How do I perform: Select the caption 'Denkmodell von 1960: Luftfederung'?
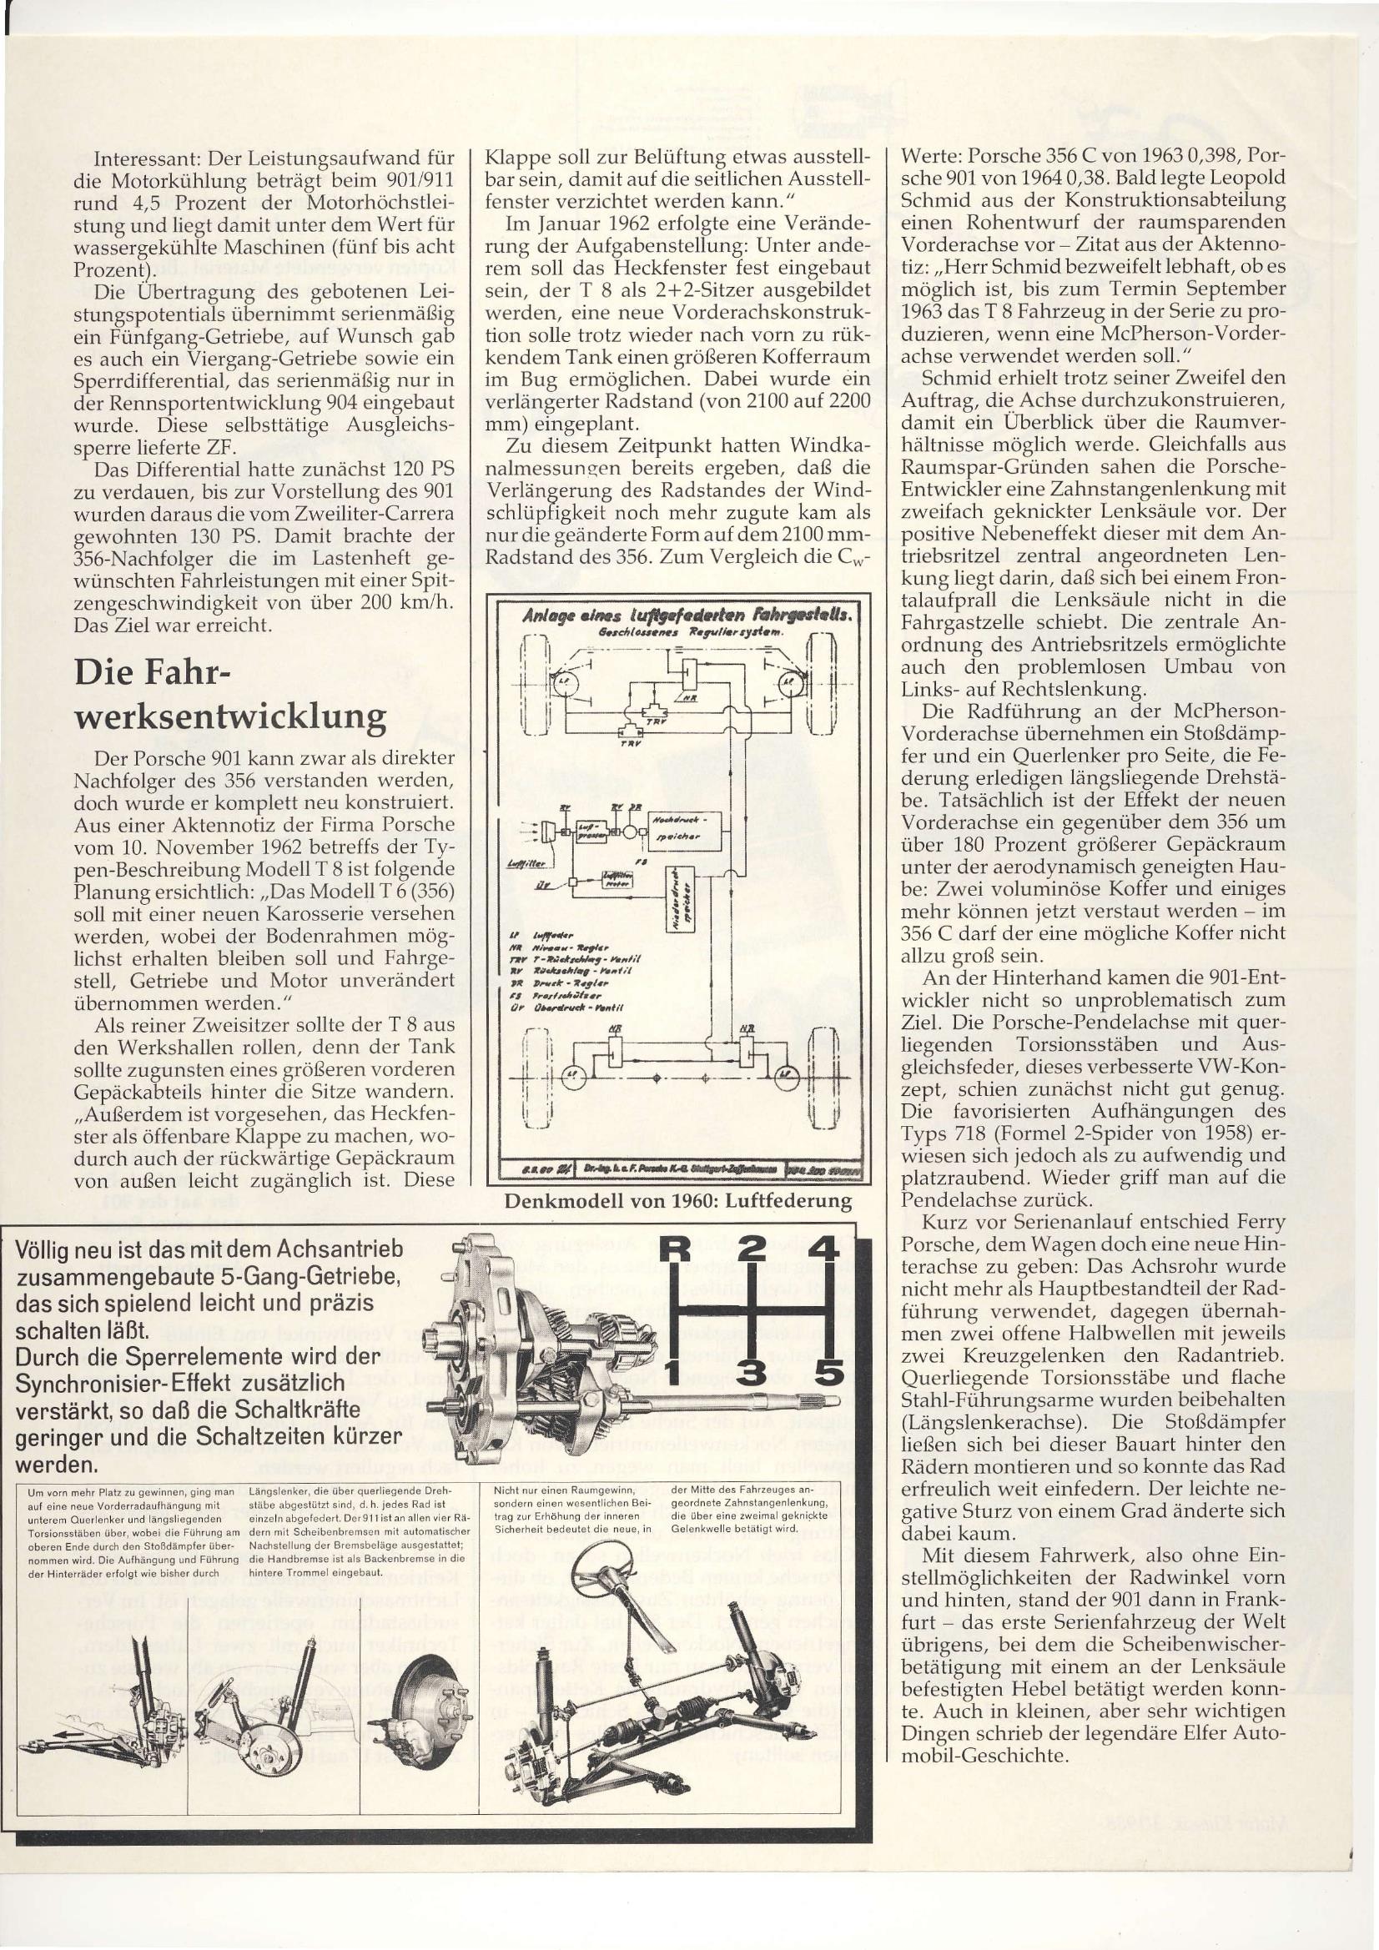(x=678, y=1200)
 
